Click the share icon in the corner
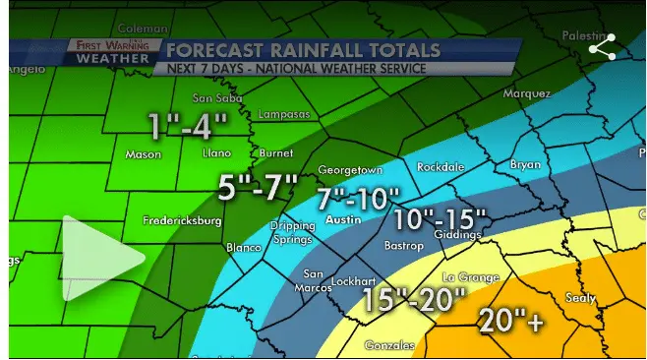tap(602, 47)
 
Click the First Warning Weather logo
tap(111, 52)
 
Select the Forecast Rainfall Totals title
tap(302, 49)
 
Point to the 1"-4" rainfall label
tap(188, 126)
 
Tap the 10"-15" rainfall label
tap(441, 218)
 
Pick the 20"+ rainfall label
tap(510, 320)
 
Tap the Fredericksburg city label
tap(182, 220)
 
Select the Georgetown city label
tap(349, 170)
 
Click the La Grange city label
tap(471, 277)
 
